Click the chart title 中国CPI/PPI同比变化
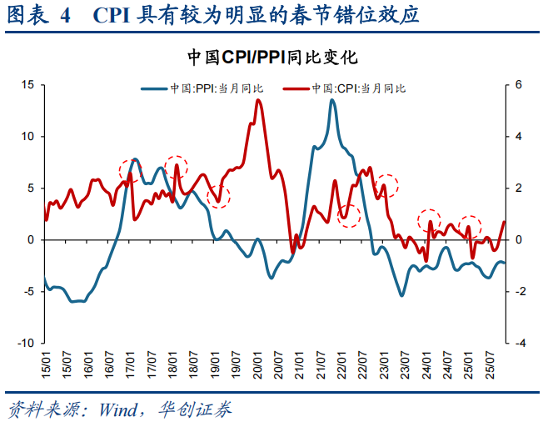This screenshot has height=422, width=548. (x=272, y=58)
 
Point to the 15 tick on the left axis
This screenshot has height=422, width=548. (x=27, y=85)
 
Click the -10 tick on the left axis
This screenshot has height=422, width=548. (x=26, y=343)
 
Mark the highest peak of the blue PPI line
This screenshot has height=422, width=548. (x=332, y=100)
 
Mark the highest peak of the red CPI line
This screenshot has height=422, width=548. (x=258, y=100)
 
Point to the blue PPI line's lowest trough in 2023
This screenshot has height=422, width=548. (x=401, y=295)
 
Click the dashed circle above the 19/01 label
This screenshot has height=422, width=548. (x=218, y=196)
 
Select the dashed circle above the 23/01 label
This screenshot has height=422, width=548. (x=386, y=187)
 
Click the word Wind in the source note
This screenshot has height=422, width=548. (x=118, y=409)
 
